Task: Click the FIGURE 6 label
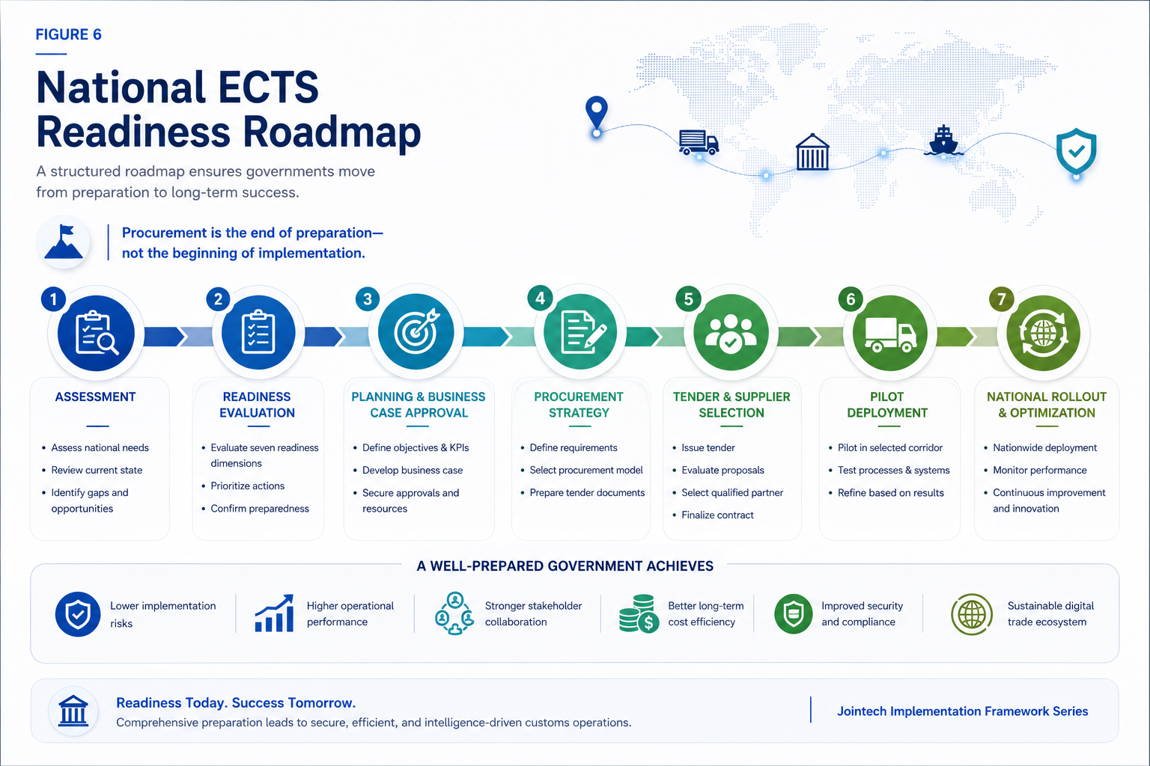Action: pos(68,34)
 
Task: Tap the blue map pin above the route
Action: pos(596,113)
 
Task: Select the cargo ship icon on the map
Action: pos(943,140)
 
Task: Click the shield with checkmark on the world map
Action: pos(1076,151)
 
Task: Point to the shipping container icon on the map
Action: pos(812,152)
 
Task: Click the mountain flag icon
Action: pos(64,242)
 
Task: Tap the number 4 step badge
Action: pos(540,298)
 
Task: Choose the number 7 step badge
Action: pos(1001,298)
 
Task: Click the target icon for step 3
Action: pos(416,332)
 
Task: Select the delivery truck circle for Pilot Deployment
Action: pos(890,333)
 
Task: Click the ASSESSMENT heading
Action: pos(96,396)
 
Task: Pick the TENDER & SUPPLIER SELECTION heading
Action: pos(731,405)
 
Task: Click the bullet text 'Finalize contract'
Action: pos(717,515)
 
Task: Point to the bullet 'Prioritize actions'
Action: pos(248,486)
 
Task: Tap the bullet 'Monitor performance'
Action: pos(1040,470)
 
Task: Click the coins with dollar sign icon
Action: pos(639,613)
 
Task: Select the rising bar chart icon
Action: pos(275,613)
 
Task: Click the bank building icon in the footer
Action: pos(73,711)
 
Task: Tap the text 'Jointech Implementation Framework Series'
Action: pos(963,711)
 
